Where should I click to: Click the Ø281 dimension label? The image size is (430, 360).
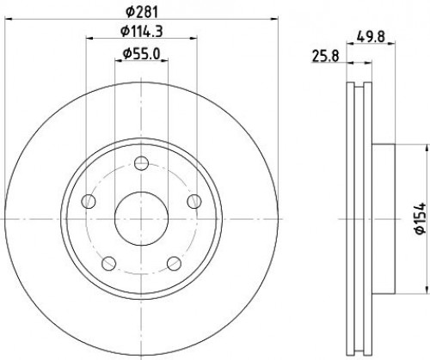pos(142,12)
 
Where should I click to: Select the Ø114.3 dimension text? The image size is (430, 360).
pos(142,31)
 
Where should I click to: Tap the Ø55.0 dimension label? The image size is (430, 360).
pos(141,54)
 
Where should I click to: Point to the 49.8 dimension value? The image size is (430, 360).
pos(371,37)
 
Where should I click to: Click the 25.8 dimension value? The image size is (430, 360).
pos(325,56)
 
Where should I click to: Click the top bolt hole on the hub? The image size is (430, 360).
pos(141,163)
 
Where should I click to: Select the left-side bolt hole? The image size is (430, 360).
pos(89,201)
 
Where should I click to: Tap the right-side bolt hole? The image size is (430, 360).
pos(194,201)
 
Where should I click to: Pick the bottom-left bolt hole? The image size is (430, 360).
pos(109,264)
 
